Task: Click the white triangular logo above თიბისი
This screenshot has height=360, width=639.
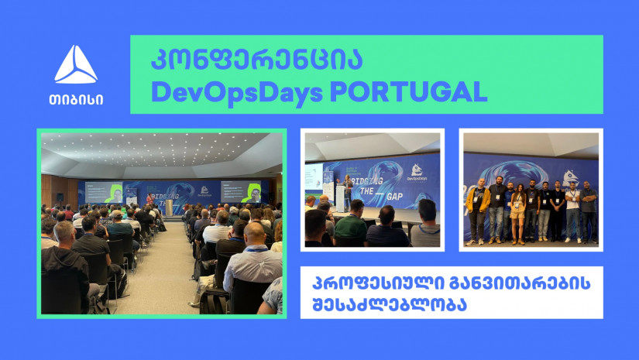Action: [x=76, y=65]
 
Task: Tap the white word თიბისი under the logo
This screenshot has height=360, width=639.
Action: [x=76, y=100]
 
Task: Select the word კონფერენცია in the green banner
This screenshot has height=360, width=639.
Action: [x=256, y=60]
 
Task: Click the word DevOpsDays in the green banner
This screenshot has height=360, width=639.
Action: [x=237, y=93]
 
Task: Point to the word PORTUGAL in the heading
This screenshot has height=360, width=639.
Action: [x=408, y=91]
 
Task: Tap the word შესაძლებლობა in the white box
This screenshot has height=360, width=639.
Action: [x=389, y=305]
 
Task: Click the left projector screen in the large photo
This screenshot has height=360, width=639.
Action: [x=104, y=192]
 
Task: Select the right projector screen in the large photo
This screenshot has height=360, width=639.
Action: [x=241, y=191]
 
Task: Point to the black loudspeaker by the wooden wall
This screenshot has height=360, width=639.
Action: [x=60, y=197]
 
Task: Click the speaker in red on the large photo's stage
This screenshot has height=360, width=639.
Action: [x=149, y=200]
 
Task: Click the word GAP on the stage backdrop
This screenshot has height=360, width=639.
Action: [x=394, y=197]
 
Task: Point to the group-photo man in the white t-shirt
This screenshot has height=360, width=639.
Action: [x=573, y=213]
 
